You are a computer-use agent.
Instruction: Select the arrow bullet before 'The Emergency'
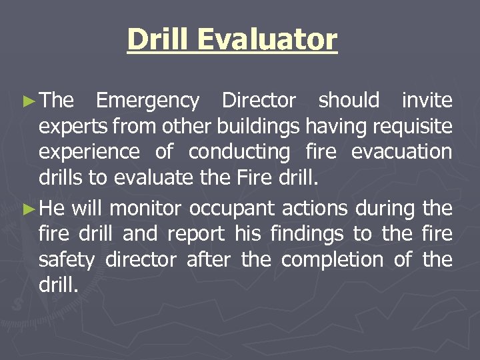click(x=27, y=101)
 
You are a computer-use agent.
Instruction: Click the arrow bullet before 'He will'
click(x=27, y=209)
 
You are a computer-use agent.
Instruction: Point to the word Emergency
click(x=147, y=101)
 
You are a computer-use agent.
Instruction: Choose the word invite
click(x=427, y=101)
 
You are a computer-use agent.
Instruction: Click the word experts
click(x=74, y=127)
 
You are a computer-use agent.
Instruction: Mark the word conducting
click(x=239, y=152)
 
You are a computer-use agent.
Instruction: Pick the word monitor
click(x=145, y=209)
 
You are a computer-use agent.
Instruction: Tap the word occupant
click(x=231, y=209)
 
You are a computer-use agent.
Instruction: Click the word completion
click(x=332, y=260)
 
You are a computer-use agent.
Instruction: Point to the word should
click(x=349, y=101)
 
